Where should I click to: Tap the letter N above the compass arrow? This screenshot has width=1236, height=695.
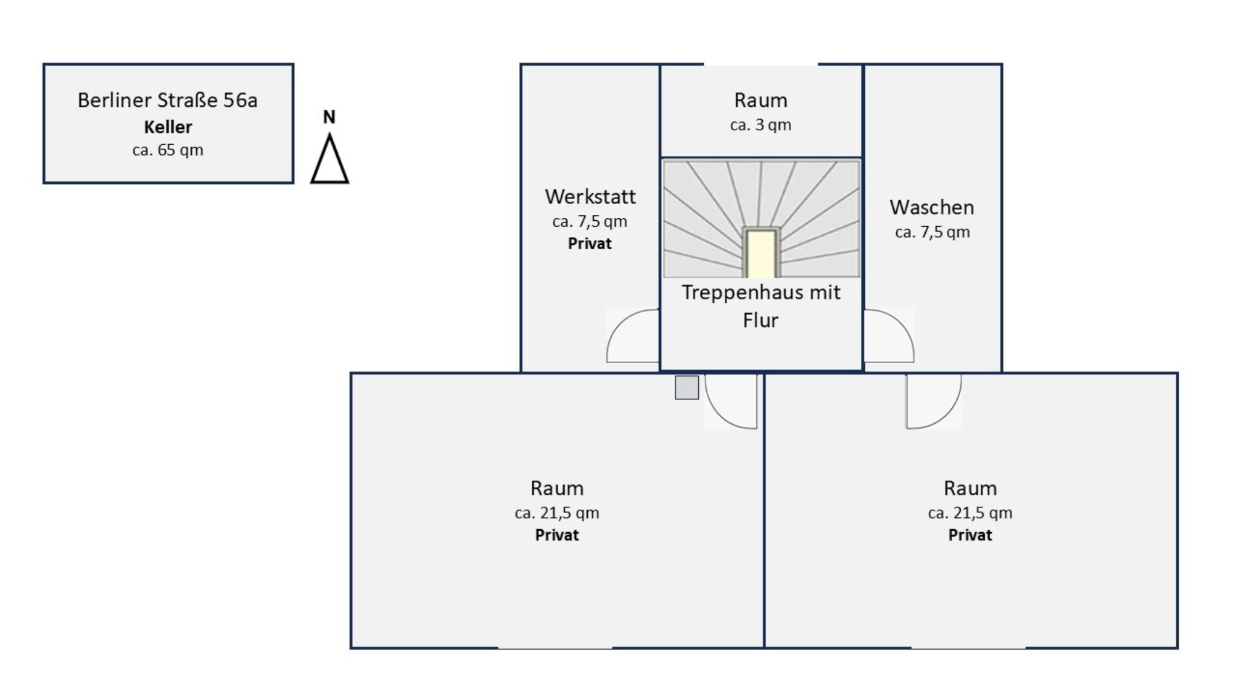click(329, 117)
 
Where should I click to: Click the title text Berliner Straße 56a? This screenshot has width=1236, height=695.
click(168, 100)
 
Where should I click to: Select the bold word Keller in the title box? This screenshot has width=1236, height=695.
click(168, 127)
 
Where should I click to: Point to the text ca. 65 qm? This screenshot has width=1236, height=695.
click(168, 150)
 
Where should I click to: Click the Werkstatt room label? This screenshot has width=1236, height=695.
click(590, 197)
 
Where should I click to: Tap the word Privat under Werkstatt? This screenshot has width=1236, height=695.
click(590, 244)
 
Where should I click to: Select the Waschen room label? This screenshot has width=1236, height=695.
click(932, 208)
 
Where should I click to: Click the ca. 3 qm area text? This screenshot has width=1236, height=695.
click(760, 125)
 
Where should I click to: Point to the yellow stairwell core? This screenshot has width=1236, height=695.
click(761, 253)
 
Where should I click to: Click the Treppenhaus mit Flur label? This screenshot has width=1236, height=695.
click(761, 306)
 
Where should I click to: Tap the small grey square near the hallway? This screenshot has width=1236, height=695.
click(687, 387)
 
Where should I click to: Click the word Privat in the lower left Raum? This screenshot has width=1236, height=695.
click(557, 535)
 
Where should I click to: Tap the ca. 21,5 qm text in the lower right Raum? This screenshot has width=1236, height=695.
click(970, 513)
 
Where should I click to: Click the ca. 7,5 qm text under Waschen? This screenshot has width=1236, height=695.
click(932, 232)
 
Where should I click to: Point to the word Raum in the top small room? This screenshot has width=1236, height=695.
click(761, 100)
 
